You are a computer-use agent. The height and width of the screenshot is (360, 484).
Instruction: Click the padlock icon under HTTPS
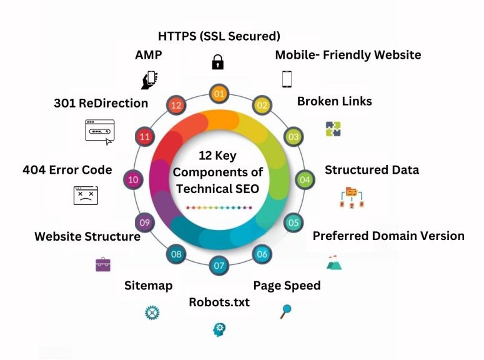point(217,62)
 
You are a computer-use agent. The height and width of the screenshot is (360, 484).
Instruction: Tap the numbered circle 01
point(219,94)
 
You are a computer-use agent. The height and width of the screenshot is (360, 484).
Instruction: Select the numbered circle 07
point(219,265)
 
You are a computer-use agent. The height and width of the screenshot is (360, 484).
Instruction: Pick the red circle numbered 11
point(145,136)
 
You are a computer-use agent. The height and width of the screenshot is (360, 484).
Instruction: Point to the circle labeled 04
point(304,180)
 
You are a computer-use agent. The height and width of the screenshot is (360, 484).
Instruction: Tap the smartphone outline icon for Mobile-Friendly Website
point(287,79)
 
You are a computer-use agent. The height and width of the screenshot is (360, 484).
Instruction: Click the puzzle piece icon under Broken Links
point(333,129)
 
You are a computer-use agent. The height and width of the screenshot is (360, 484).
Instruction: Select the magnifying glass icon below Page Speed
point(286,310)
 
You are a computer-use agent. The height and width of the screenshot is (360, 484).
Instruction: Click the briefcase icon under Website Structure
point(103,264)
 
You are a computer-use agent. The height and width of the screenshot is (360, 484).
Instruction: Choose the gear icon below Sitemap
point(152,312)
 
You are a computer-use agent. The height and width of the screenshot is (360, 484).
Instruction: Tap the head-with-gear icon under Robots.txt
point(219,329)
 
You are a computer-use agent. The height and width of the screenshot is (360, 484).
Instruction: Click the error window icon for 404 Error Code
point(86,196)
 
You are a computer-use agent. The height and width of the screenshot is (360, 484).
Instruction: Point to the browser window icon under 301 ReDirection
point(100,132)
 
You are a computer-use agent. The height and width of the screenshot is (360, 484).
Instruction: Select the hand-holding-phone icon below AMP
point(149,79)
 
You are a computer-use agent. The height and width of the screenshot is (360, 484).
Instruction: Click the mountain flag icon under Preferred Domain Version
point(334,262)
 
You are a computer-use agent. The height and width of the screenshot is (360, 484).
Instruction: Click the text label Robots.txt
point(219,302)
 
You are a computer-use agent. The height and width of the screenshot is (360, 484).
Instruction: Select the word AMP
point(149,55)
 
